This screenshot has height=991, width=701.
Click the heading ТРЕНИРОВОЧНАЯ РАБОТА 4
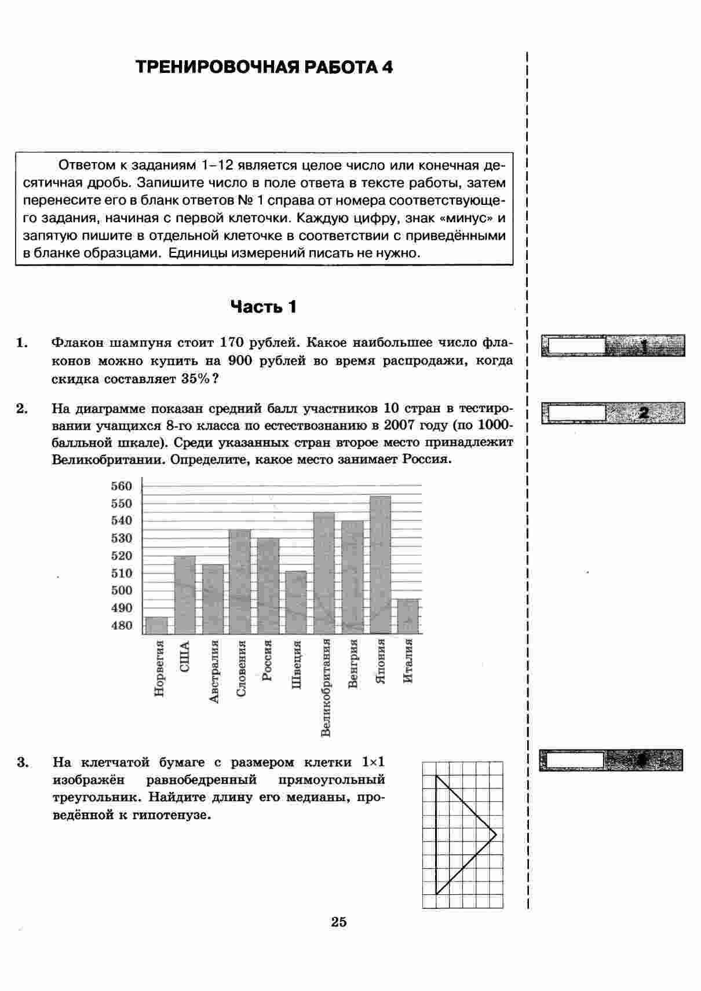pyautogui.click(x=264, y=68)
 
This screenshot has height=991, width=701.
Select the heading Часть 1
pyautogui.click(x=264, y=307)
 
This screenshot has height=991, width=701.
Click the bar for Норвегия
pyautogui.click(x=156, y=625)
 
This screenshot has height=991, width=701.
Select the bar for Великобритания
pyautogui.click(x=324, y=573)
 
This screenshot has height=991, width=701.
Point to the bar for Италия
pyautogui.click(x=408, y=616)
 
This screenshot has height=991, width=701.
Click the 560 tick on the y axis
pyautogui.click(x=122, y=486)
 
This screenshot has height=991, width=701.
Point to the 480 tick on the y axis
pyautogui.click(x=122, y=626)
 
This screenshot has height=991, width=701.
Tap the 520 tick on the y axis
pyautogui.click(x=122, y=556)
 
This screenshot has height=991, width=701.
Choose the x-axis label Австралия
pyautogui.click(x=214, y=671)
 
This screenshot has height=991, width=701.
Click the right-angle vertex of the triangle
pyautogui.click(x=496, y=835)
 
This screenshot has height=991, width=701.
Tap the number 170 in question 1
pyautogui.click(x=227, y=343)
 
